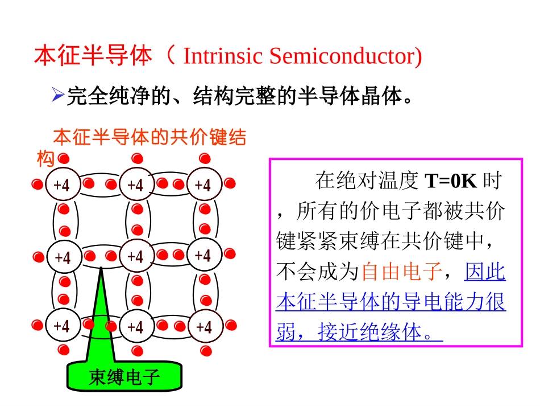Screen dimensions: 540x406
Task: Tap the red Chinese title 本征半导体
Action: [x=93, y=56]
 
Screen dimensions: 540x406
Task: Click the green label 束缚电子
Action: [x=124, y=377]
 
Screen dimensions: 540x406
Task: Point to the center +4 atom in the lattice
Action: [x=135, y=256]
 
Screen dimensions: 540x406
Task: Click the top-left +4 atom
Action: [x=61, y=184]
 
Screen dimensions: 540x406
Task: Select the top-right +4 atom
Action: [x=203, y=184]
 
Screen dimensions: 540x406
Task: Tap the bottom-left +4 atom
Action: [x=61, y=326]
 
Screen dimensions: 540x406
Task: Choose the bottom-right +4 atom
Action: [x=203, y=326]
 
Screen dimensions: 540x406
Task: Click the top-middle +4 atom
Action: [x=135, y=184]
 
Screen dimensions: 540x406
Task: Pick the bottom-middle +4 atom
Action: [x=135, y=326]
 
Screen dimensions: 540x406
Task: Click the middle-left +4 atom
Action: [x=61, y=256]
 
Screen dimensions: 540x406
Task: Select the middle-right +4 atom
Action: [x=203, y=255]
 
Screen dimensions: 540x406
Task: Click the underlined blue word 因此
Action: [x=485, y=272]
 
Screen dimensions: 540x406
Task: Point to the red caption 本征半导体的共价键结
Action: [x=149, y=137]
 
